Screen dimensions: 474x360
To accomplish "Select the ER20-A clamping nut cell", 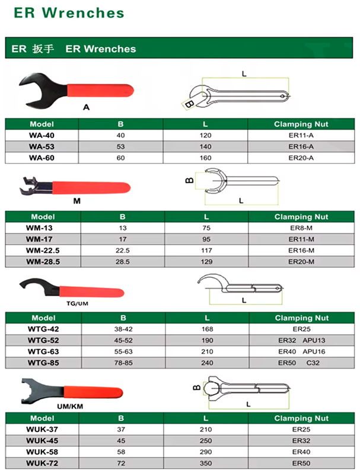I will coord(301,158).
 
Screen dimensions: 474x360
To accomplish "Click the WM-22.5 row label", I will coord(43,250).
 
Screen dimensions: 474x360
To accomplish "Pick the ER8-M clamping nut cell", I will coord(301,228).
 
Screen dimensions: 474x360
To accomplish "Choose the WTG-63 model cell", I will coord(43,351).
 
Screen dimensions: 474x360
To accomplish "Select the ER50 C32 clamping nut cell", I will coord(301,363).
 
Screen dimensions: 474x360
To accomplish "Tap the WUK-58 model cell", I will coord(43,451).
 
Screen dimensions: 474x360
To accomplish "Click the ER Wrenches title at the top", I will coord(69,12).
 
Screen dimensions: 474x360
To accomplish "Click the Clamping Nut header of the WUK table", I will coord(301,418).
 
